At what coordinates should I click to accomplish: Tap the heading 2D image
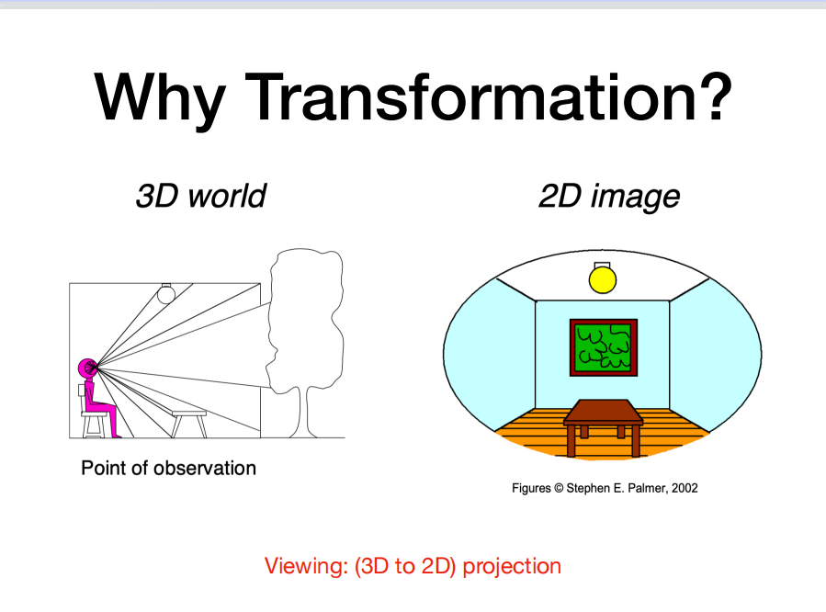coord(608,196)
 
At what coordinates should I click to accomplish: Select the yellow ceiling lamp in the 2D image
coord(602,278)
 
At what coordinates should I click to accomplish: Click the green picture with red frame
coord(604,347)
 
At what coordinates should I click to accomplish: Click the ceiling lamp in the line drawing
coord(166,293)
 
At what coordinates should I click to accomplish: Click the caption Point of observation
coord(168,468)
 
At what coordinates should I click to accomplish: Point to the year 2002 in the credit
coord(684,488)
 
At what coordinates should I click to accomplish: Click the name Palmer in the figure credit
coord(647,488)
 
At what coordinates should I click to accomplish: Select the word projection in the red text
coord(511,566)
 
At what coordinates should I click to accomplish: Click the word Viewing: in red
coord(298,566)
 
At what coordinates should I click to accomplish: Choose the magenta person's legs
coord(103,410)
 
